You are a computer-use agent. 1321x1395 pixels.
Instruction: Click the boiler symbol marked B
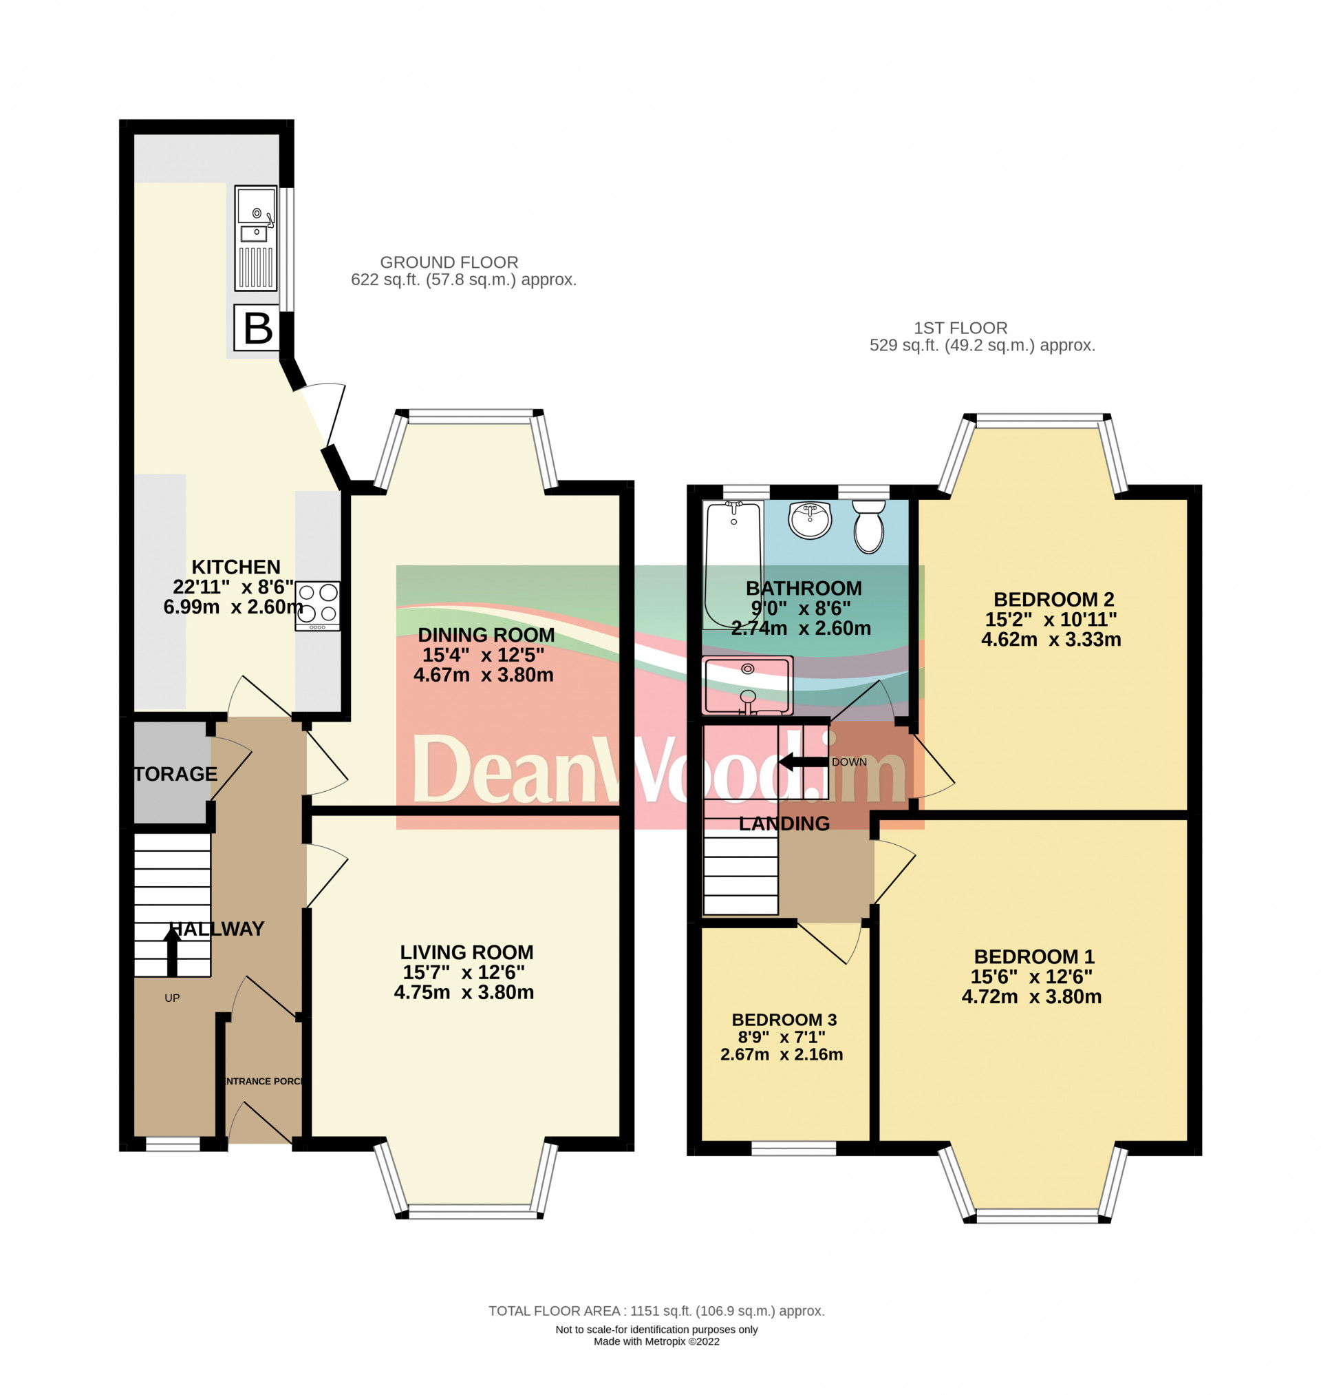[257, 328]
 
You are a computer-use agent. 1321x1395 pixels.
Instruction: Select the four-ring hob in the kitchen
[317, 605]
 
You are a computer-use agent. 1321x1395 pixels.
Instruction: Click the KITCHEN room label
[236, 567]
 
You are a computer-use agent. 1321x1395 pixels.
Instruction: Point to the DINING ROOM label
[486, 635]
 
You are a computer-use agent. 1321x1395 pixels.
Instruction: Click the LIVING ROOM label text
[466, 952]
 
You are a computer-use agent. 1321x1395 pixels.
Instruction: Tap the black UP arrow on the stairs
[171, 950]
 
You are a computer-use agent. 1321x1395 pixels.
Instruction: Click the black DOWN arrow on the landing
[802, 762]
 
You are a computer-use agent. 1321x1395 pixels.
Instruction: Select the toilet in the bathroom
[869, 526]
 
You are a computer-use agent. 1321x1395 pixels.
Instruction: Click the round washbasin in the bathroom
[810, 520]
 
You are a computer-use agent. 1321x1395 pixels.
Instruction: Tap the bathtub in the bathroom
[733, 564]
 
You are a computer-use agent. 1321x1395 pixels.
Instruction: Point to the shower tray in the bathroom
[747, 685]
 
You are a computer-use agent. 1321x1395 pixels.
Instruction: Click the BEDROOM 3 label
[784, 1020]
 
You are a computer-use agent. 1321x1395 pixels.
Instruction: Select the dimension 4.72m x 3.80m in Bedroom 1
[1031, 996]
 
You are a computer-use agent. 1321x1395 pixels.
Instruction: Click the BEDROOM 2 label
[1053, 599]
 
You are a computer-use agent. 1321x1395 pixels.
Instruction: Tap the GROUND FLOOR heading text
[449, 262]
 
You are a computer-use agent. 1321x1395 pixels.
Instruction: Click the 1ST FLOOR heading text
[960, 328]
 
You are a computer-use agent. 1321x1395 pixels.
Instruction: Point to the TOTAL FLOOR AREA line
[656, 1310]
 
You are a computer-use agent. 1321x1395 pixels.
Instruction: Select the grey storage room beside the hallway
[171, 772]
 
